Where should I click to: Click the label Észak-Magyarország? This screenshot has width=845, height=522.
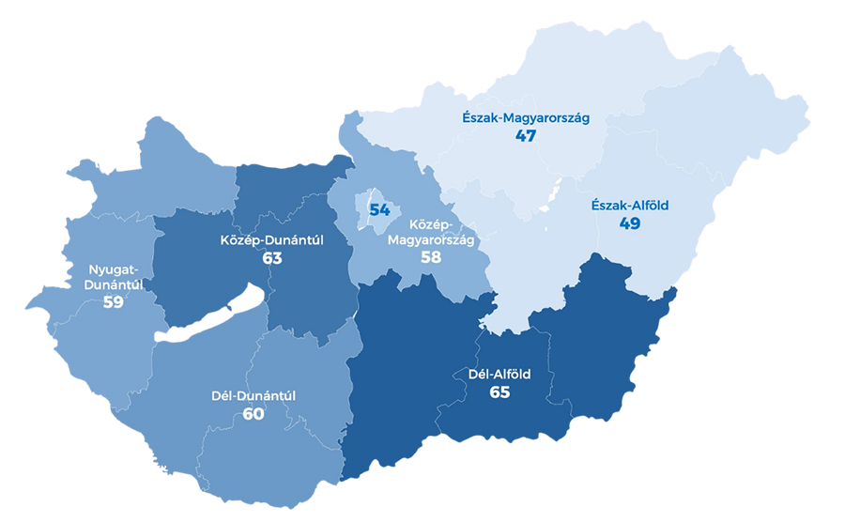tap(525, 118)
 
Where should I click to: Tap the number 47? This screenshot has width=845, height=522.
tap(525, 136)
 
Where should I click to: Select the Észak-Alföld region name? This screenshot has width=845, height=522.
tap(629, 206)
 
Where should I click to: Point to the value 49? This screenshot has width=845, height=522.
tap(629, 223)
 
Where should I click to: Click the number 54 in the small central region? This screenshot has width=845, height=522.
tap(379, 209)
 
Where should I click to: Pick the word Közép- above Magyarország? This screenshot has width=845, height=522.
tap(431, 225)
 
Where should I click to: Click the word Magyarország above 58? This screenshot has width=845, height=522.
tap(431, 239)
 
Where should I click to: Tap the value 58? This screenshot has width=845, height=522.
tap(431, 255)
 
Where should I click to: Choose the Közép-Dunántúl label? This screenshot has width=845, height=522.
tap(272, 240)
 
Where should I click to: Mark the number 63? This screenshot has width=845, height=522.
tap(272, 257)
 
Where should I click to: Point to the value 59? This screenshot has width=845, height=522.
tap(114, 302)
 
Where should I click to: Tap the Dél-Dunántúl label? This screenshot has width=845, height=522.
tap(253, 395)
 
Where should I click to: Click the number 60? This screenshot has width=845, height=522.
tap(253, 413)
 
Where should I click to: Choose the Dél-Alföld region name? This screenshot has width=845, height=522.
tap(499, 374)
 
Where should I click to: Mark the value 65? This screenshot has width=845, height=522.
tap(499, 391)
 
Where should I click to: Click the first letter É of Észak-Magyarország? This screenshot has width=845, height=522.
tap(467, 118)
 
